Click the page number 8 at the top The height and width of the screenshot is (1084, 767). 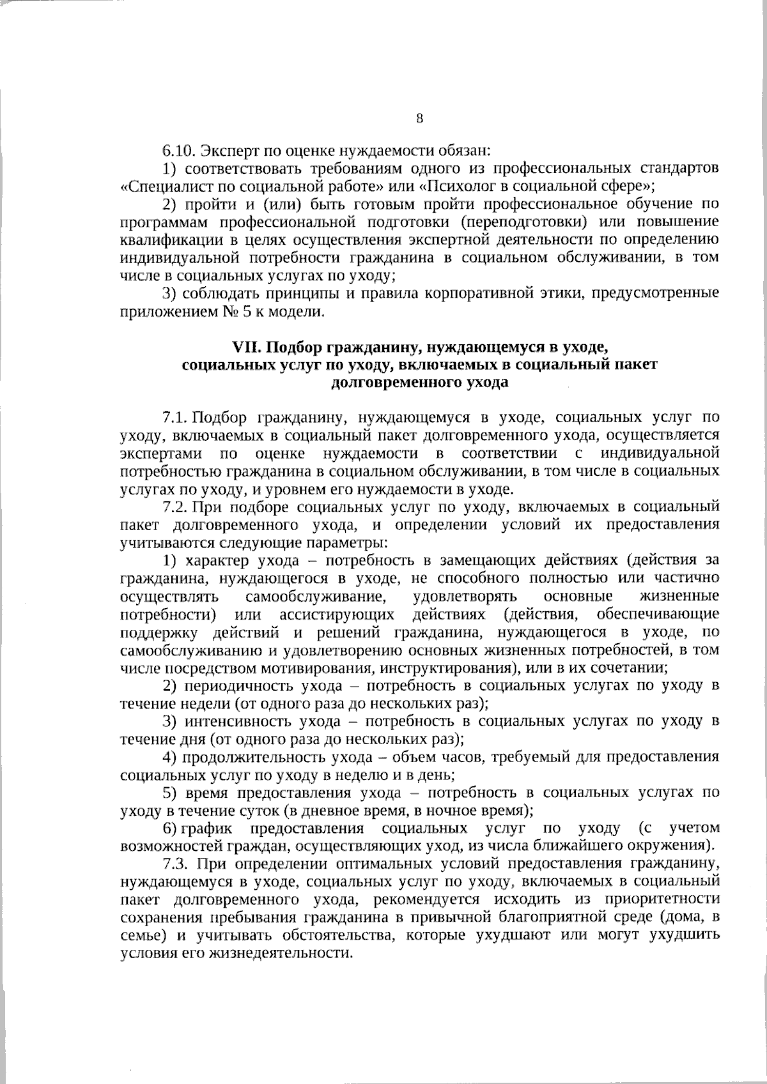pyautogui.click(x=419, y=118)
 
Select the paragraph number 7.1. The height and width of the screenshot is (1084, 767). pyautogui.click(x=174, y=418)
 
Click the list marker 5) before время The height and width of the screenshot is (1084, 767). pyautogui.click(x=169, y=793)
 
